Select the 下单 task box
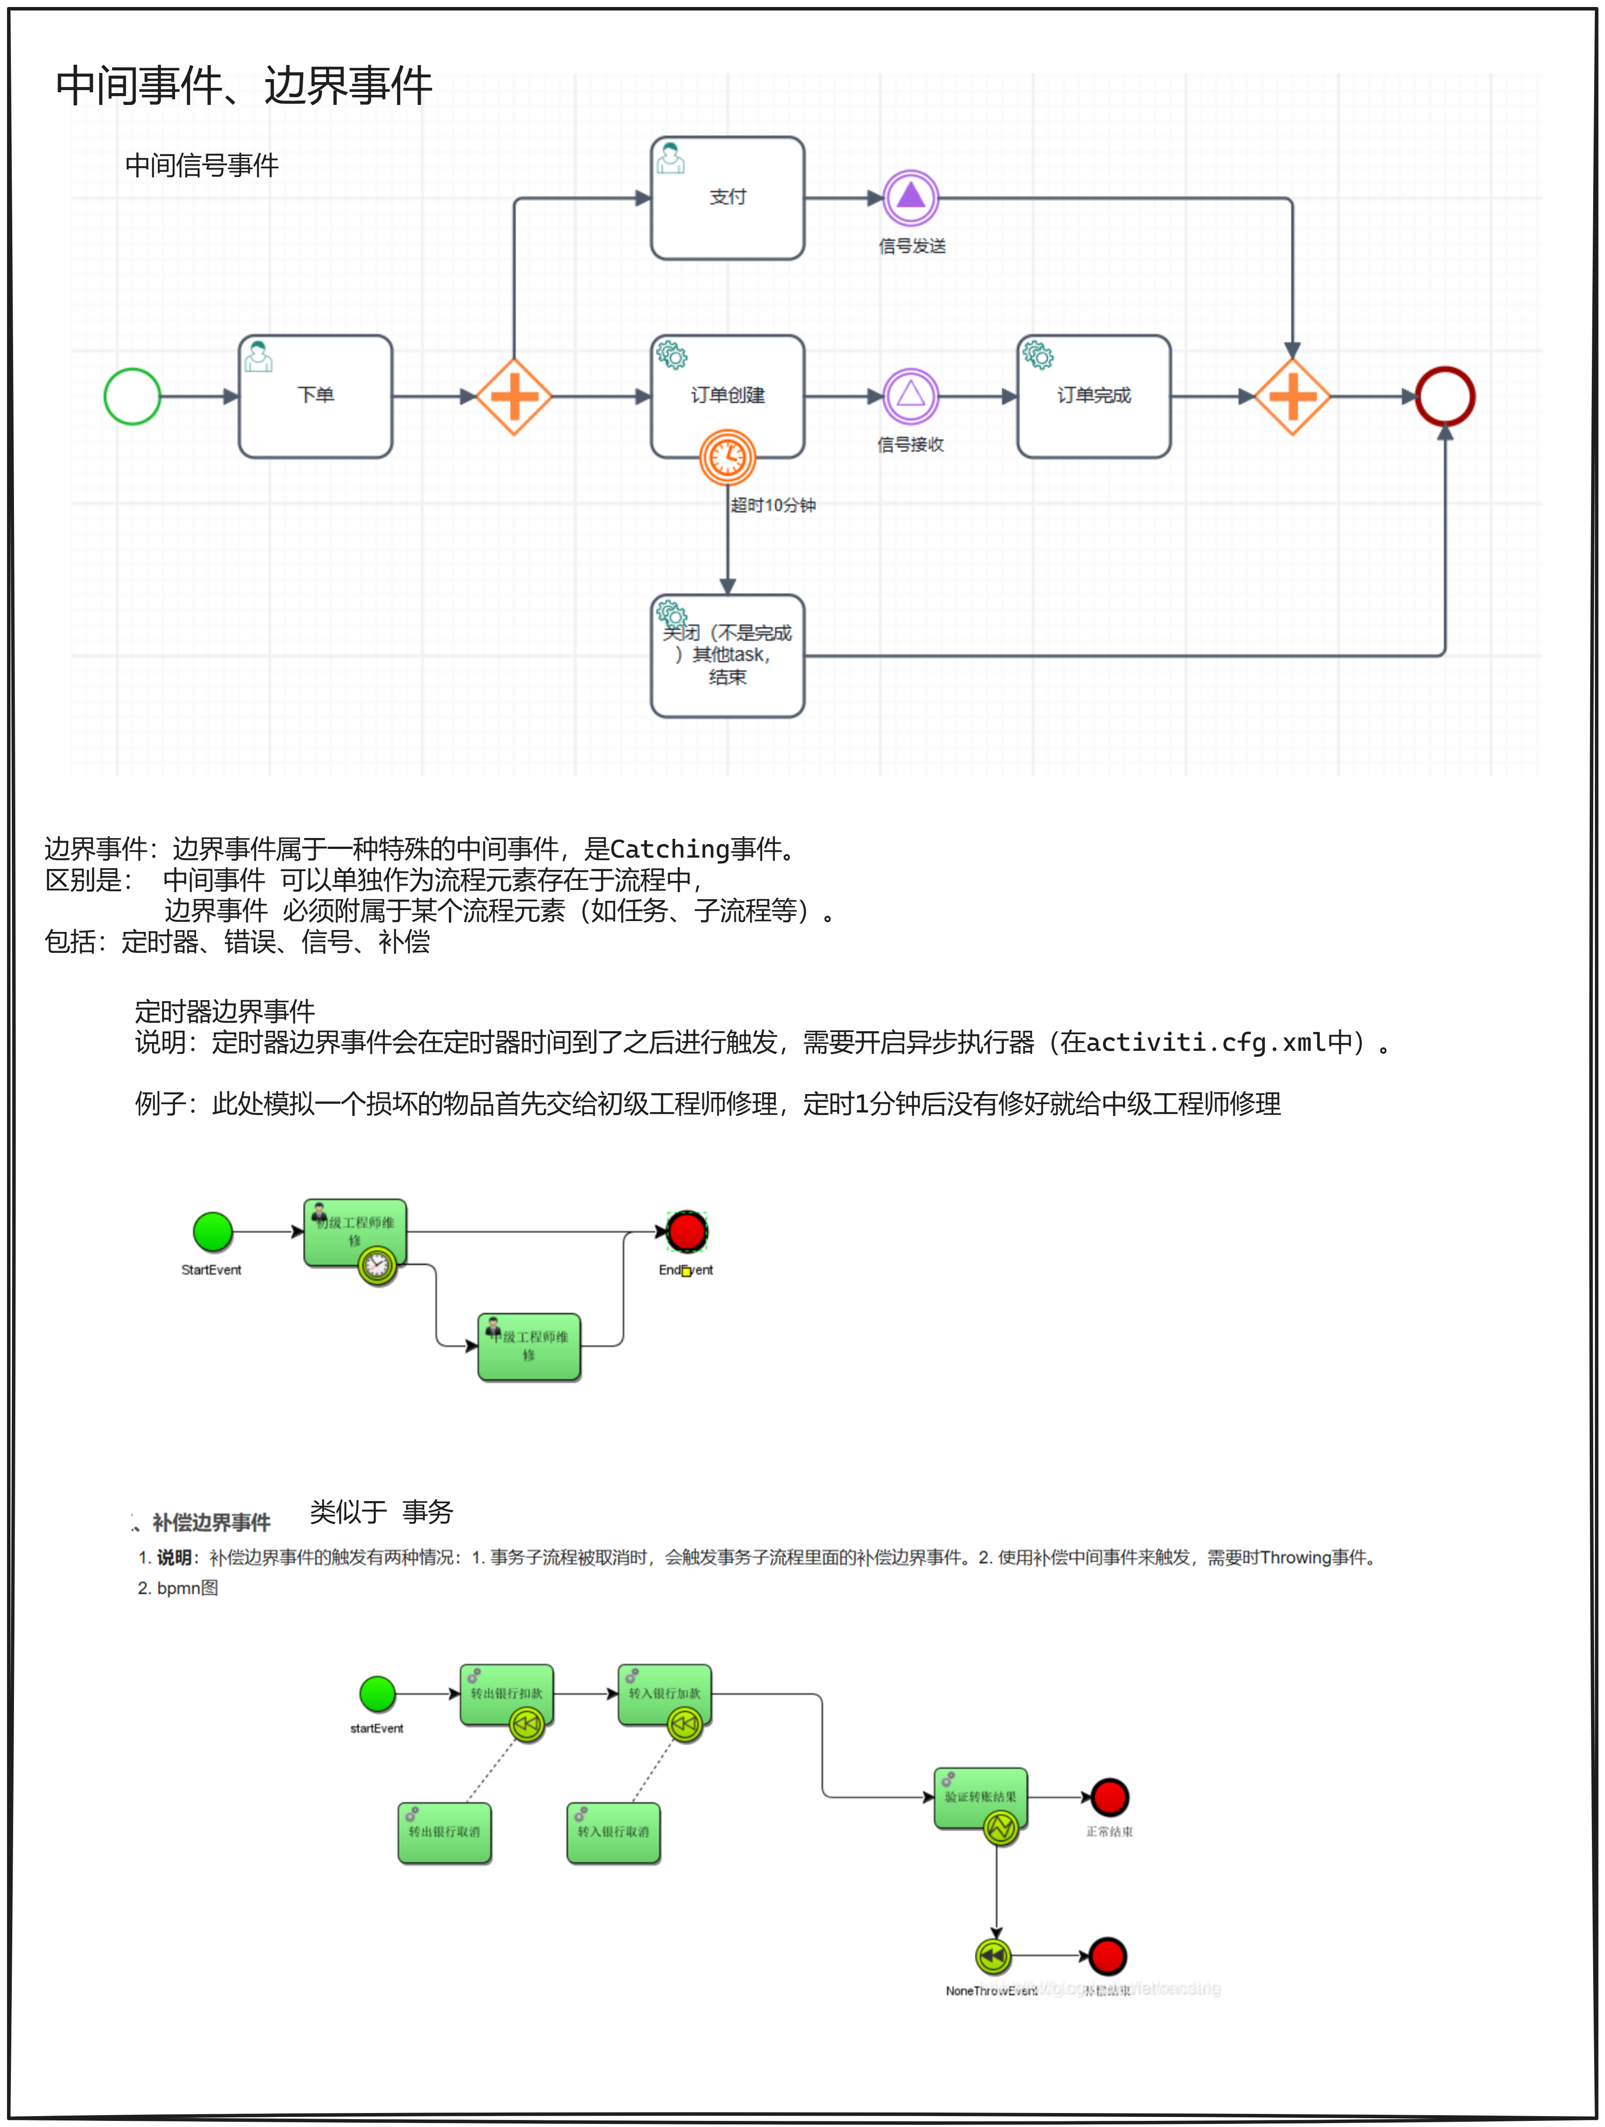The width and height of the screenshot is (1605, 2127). (315, 396)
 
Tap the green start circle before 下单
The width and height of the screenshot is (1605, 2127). (132, 396)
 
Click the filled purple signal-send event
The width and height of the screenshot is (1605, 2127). (911, 198)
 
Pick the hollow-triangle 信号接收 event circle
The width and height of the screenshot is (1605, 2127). (911, 396)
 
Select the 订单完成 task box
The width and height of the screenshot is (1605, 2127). (1093, 396)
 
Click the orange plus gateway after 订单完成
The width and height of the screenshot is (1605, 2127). (1292, 396)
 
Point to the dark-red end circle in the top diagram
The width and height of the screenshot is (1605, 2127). (1445, 396)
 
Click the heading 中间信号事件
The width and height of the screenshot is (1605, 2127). (202, 165)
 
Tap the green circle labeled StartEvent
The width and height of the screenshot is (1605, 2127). (212, 1232)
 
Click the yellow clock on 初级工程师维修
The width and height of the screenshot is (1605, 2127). (377, 1265)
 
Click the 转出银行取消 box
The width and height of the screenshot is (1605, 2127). (444, 1833)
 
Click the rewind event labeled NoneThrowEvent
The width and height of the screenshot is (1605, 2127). (993, 1956)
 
